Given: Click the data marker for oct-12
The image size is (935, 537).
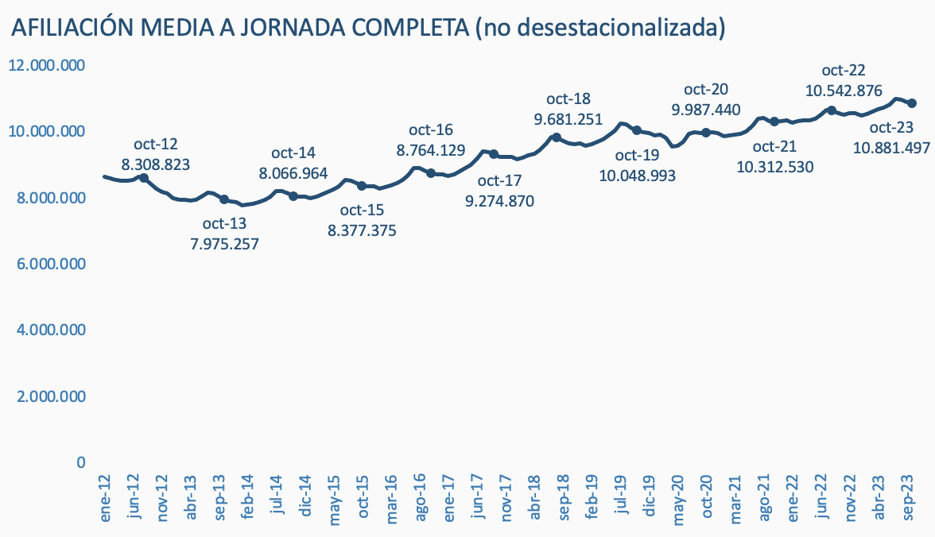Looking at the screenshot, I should (144, 178).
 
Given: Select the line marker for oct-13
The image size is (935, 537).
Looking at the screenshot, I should (224, 199).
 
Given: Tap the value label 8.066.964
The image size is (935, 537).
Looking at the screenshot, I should (294, 172).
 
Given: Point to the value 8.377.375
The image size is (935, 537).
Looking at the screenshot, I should (362, 230).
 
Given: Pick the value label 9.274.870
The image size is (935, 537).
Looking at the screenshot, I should (499, 201).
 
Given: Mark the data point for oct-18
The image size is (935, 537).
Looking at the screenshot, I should (557, 137).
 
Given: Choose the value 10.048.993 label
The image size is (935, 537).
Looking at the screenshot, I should (637, 175).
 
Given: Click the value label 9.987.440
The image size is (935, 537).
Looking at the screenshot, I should (706, 110).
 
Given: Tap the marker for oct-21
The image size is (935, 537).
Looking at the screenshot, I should (774, 122).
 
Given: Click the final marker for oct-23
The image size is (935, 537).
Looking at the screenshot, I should (912, 103).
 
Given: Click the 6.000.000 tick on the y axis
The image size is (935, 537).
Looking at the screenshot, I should (47, 264).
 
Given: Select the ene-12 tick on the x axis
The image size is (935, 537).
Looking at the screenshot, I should (106, 499).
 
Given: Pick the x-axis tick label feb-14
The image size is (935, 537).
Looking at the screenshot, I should (248, 499).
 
